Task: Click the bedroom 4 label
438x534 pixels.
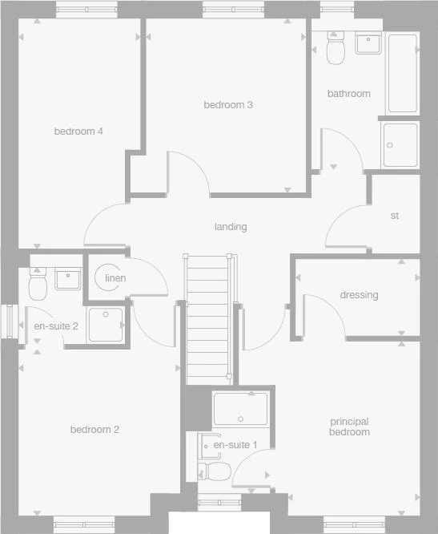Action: tap(78, 131)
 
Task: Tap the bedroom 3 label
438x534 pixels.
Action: tap(228, 105)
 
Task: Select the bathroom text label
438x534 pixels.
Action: tap(348, 94)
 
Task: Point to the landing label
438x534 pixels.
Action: tap(230, 227)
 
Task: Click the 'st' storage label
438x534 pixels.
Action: tap(394, 216)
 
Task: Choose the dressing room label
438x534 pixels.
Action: tap(358, 295)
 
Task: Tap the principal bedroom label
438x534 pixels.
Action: tap(349, 427)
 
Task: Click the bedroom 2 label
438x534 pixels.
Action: tap(94, 430)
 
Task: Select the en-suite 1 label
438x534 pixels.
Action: tap(235, 445)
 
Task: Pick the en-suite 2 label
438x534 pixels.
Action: tap(55, 326)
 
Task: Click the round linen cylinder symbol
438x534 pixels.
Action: tap(106, 277)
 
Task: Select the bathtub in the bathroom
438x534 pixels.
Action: tap(402, 74)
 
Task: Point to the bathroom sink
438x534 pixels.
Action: tap(368, 43)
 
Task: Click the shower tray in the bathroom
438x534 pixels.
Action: tap(400, 144)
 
